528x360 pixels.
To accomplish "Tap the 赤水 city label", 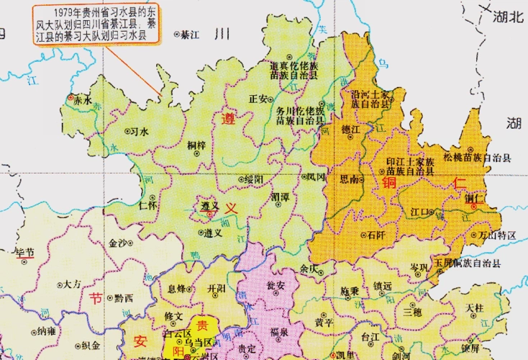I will point(83,101).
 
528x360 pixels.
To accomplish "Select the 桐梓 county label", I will point(196,145).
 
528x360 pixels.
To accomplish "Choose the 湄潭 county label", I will point(281,196).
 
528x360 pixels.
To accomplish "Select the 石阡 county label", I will point(375,235).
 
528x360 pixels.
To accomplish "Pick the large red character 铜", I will point(390,183).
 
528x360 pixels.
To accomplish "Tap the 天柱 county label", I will point(475,307).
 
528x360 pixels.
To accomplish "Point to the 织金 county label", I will point(90,345).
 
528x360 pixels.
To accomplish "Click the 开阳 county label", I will point(216,288).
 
